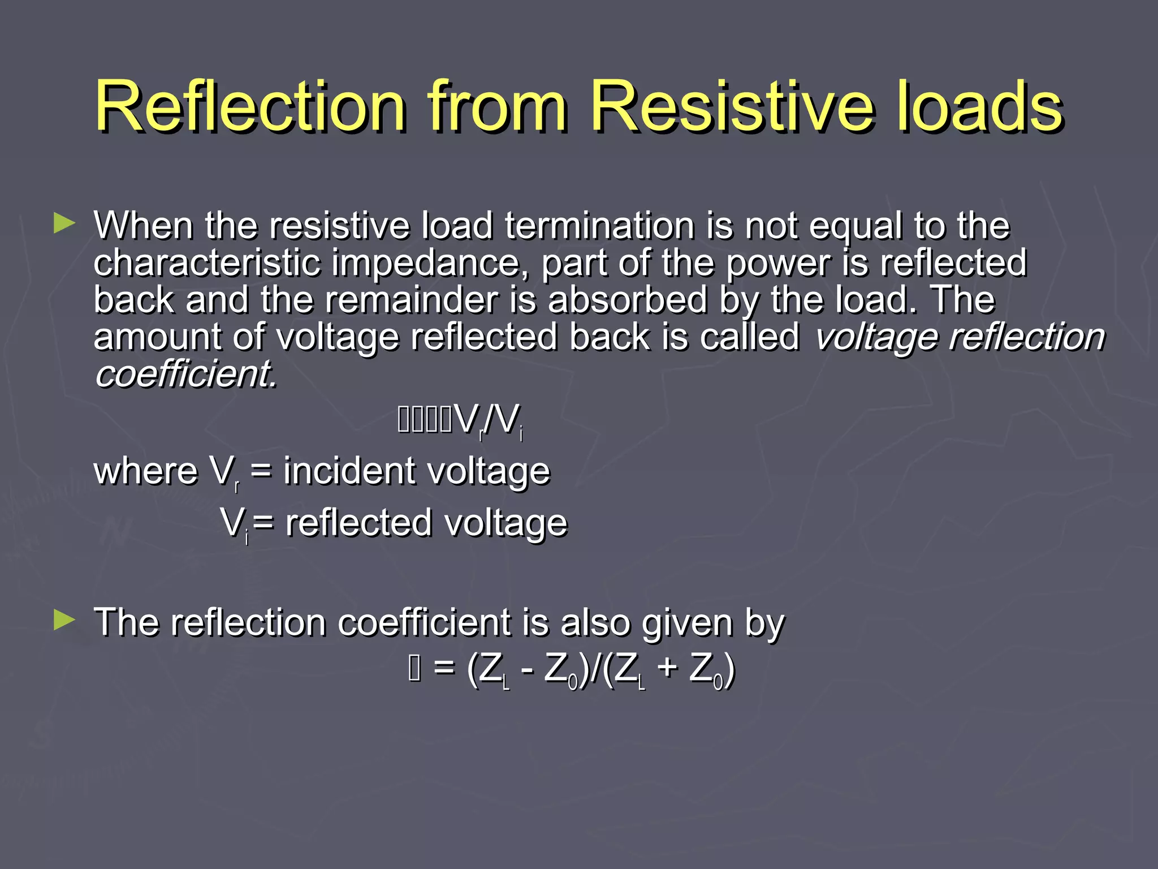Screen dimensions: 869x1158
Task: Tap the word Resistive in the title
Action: click(x=733, y=106)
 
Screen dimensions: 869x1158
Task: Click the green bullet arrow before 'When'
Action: click(x=64, y=223)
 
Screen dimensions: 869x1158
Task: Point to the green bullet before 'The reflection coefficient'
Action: click(x=64, y=620)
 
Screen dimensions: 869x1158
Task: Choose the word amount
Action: click(x=157, y=337)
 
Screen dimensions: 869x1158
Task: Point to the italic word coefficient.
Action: click(x=186, y=374)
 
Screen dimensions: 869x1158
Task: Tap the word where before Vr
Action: click(x=146, y=471)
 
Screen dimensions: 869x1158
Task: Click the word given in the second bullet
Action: click(x=687, y=623)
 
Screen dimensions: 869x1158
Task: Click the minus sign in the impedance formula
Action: click(x=526, y=669)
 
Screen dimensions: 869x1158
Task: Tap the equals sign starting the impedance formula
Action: click(x=444, y=669)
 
